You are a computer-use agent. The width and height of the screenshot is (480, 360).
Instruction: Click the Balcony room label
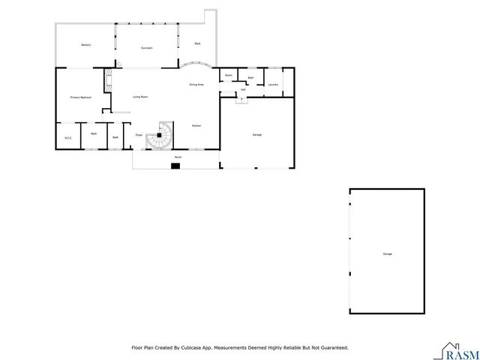(85, 46)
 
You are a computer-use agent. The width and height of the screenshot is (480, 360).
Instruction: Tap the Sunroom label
(147, 48)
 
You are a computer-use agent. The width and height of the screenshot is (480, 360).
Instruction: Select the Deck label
(197, 43)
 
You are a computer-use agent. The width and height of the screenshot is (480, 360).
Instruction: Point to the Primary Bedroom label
(80, 97)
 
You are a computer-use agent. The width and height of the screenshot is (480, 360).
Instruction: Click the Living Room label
(139, 97)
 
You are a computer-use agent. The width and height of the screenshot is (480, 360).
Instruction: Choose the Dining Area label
(196, 85)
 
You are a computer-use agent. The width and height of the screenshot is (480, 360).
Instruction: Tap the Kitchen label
(196, 125)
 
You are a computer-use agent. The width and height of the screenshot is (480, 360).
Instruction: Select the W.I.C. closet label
(67, 137)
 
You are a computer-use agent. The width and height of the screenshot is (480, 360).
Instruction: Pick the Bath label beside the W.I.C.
(94, 133)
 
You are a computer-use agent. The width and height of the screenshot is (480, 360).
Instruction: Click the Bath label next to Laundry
(250, 78)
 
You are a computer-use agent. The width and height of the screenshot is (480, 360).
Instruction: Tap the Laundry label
(273, 85)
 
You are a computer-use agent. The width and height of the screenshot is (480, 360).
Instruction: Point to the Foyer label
(139, 135)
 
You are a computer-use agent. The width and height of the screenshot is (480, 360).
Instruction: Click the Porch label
(178, 157)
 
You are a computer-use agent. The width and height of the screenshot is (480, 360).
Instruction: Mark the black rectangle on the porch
(175, 166)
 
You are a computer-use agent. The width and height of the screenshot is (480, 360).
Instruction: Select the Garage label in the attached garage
(256, 134)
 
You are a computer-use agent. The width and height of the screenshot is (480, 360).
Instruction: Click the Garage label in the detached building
(387, 254)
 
